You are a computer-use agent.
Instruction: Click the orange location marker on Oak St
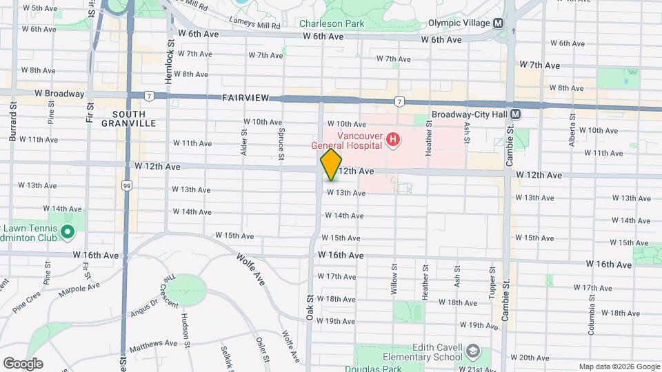tap(331, 165)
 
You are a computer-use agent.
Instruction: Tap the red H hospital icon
tap(393, 141)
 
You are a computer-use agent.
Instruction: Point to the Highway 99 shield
tap(126, 185)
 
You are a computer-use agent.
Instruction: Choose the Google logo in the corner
tap(22, 363)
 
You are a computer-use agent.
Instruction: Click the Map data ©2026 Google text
tap(619, 366)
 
